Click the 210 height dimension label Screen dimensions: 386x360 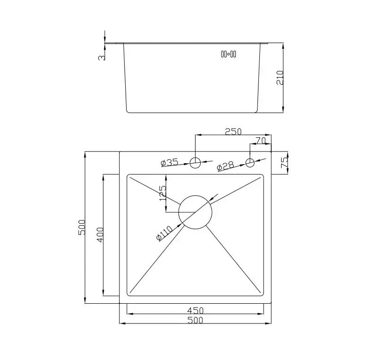[x=280, y=78]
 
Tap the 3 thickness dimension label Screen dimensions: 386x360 [x=102, y=58]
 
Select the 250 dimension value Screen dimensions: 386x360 [x=233, y=132]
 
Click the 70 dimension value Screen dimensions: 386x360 [x=261, y=140]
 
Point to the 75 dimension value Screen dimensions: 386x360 [x=284, y=163]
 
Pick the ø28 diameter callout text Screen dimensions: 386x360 [x=225, y=166]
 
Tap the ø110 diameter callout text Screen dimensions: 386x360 [x=164, y=233]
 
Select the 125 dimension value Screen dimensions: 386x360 [x=163, y=193]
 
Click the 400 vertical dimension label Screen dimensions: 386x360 [x=100, y=235]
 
